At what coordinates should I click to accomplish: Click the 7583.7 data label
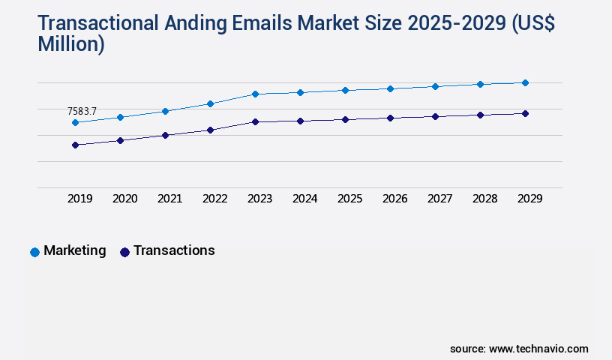[82, 111]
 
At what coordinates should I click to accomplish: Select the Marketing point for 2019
[75, 122]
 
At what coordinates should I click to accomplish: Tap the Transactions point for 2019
[75, 145]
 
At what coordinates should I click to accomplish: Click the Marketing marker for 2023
[255, 94]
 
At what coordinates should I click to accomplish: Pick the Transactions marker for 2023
[255, 121]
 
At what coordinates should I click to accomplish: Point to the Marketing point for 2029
[525, 82]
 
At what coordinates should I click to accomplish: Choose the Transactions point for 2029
[525, 113]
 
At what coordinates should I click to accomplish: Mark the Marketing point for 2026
[390, 88]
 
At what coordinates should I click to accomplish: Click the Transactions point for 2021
[165, 135]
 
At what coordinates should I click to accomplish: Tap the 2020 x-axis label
[124, 199]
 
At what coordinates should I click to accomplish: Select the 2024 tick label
[304, 199]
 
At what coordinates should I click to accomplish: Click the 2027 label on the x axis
[439, 199]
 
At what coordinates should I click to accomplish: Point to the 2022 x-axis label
[214, 199]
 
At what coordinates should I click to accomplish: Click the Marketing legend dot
[34, 252]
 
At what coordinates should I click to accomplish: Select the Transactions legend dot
[124, 252]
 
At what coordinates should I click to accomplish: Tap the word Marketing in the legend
[74, 250]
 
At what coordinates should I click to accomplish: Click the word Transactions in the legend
[174, 250]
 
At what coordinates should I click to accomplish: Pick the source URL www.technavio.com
[538, 349]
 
